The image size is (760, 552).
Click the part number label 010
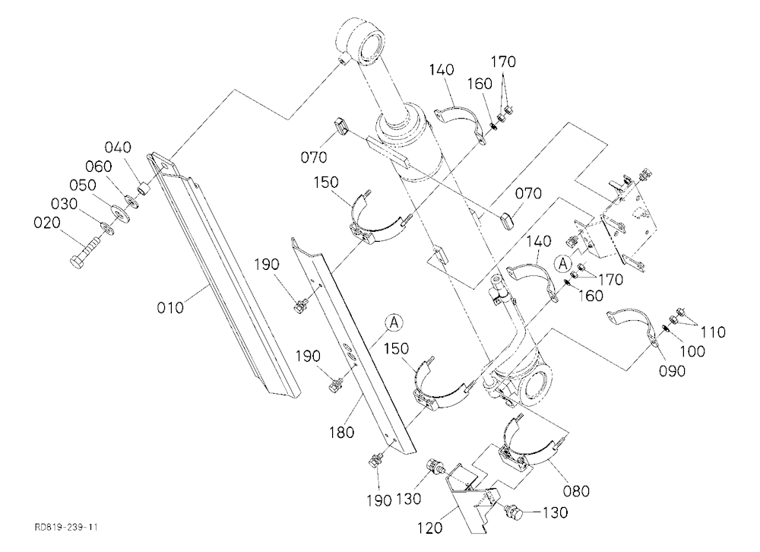170,307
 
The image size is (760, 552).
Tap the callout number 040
118,147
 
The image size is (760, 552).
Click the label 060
99,166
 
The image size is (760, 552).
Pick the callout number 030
65,204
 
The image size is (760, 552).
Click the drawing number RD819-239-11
65,527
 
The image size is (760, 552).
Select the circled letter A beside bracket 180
394,322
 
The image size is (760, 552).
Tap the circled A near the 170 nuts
563,264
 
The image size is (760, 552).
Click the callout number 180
342,432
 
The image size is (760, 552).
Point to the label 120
430,527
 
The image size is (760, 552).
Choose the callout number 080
576,491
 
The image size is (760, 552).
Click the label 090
673,370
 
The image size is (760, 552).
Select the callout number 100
692,351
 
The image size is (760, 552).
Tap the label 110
713,332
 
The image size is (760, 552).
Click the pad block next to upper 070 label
340,128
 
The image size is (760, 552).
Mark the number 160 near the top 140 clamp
480,84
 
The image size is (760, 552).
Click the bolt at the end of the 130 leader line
513,511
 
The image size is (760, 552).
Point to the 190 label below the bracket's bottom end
379,500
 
